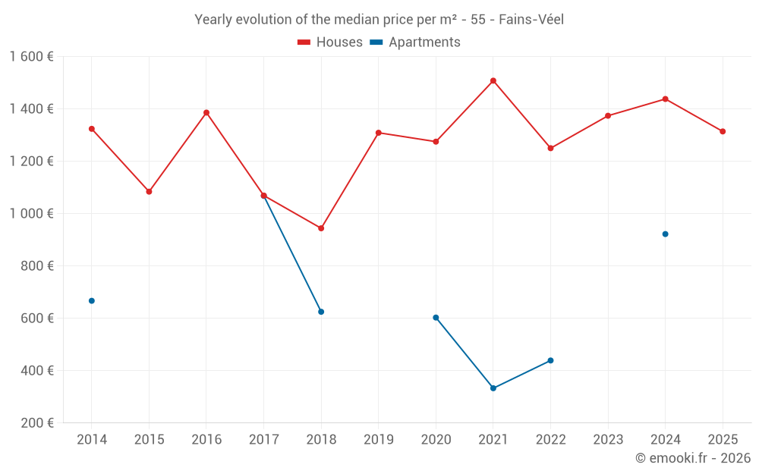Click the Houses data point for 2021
(x=493, y=80)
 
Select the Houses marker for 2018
(x=321, y=228)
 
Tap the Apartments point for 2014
(x=92, y=301)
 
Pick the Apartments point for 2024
(x=666, y=234)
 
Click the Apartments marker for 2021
(x=493, y=388)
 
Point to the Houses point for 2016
(x=206, y=113)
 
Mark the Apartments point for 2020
(x=436, y=318)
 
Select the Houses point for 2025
(x=723, y=131)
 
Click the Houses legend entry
(x=330, y=42)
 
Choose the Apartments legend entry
(x=416, y=42)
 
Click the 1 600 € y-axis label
(x=31, y=57)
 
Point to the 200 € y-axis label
(x=37, y=423)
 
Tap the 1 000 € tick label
(x=31, y=214)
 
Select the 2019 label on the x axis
(x=379, y=440)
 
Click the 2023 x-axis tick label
(x=608, y=440)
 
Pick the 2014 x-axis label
(x=92, y=440)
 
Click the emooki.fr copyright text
(x=693, y=458)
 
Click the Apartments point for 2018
(x=321, y=312)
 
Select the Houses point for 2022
(x=551, y=148)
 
